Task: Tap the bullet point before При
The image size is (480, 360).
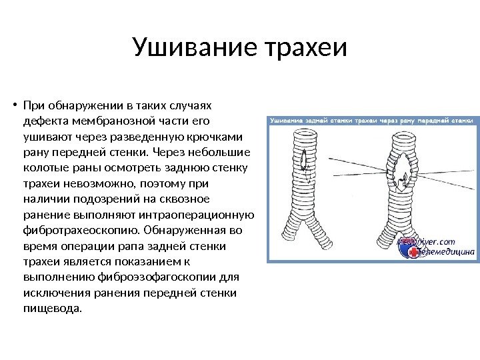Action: [14, 105]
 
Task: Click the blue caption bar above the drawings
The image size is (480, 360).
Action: [371, 121]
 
